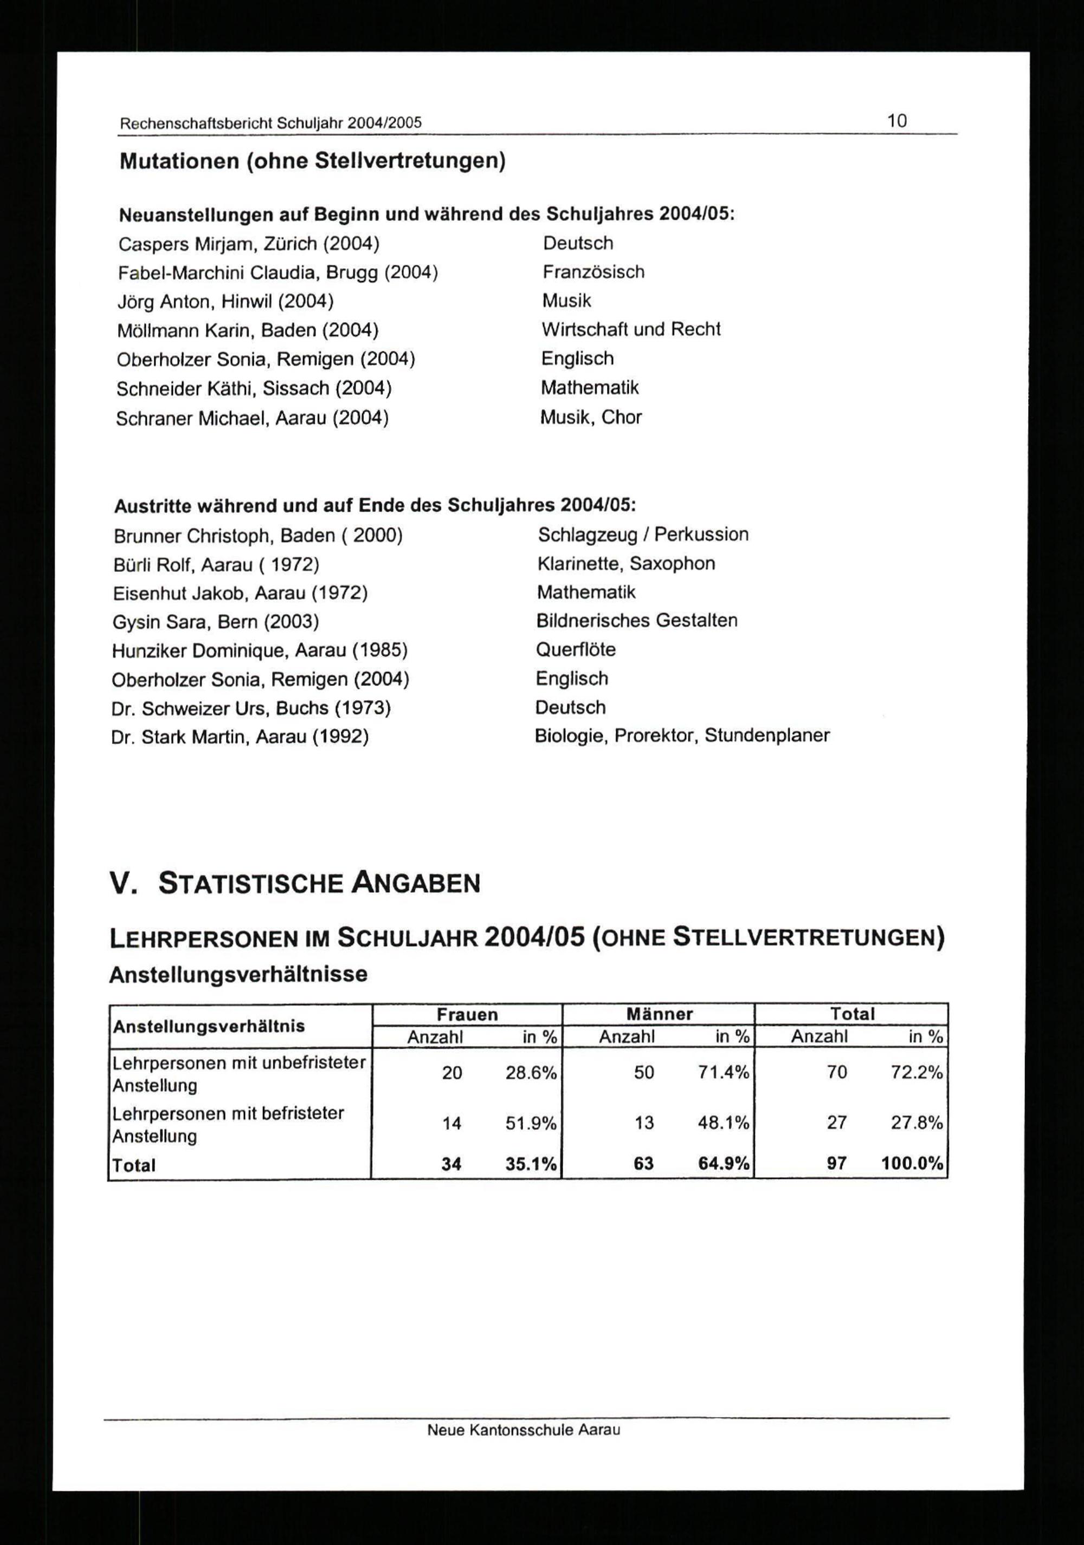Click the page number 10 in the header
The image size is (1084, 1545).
coord(897,121)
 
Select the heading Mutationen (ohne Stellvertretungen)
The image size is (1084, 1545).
coord(312,161)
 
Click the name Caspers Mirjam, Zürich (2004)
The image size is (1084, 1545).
coord(248,244)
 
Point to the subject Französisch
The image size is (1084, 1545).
coord(593,272)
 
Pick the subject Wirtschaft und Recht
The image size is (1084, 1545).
coord(631,329)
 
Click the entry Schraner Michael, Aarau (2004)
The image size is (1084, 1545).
coord(253,418)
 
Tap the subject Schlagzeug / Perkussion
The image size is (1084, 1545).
coord(643,534)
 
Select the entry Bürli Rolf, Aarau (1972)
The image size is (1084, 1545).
coord(216,565)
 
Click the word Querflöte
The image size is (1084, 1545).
coord(576,649)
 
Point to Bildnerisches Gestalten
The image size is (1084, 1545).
coord(637,621)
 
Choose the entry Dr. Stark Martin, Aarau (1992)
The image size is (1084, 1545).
coord(240,737)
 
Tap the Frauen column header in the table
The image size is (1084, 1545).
coord(467,1014)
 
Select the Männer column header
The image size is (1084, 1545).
coord(659,1014)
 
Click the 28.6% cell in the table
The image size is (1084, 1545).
coord(531,1073)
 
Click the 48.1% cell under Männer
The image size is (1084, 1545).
coord(724,1123)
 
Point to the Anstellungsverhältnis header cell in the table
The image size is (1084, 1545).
coord(209,1026)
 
